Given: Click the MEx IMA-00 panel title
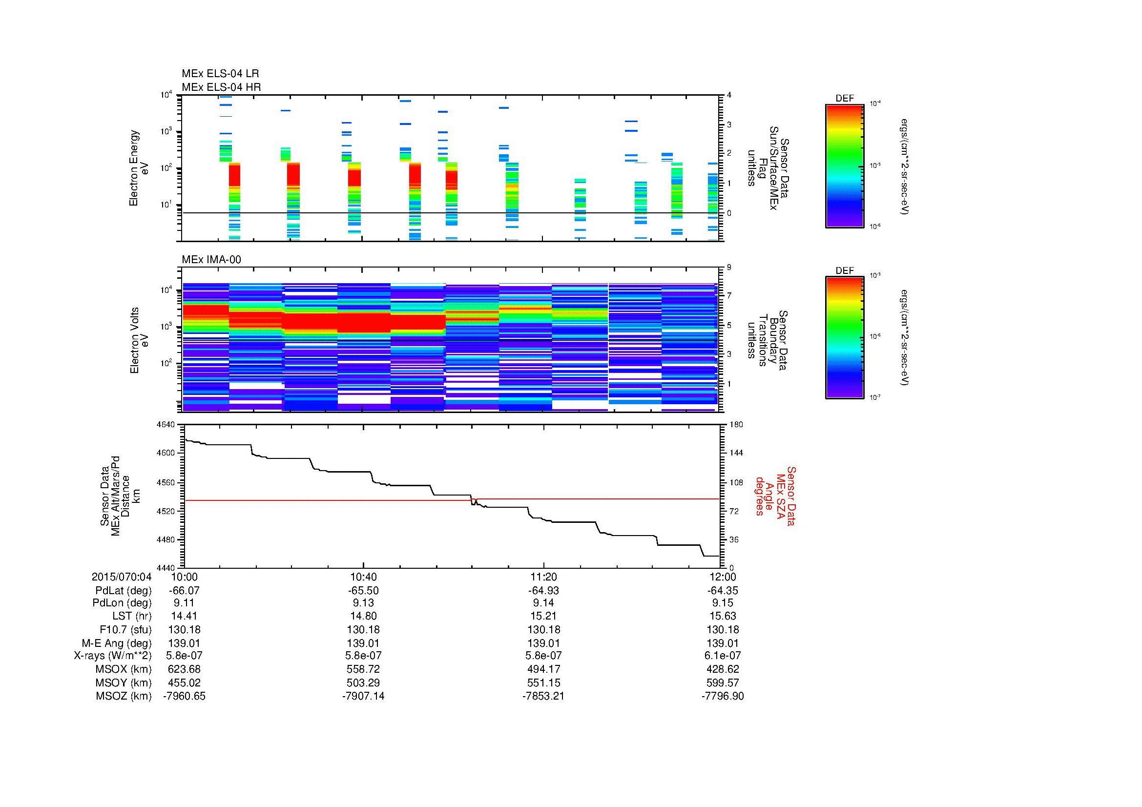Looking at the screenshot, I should coord(211,260).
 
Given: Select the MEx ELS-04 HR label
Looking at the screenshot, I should coord(221,87).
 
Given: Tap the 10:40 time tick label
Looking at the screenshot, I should coord(364,577).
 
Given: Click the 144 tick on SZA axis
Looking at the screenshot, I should coord(736,453).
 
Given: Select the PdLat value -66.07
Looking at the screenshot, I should coord(185,591).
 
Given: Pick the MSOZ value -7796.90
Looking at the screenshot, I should coord(723,696).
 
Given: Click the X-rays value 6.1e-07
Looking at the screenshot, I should coord(723,656).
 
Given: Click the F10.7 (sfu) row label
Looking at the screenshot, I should coord(125,629).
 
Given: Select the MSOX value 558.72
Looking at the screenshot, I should coord(364,669).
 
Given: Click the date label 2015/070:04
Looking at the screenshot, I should coord(122,577).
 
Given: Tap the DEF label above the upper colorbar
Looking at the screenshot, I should coord(845,99).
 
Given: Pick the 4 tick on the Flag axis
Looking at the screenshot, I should coord(729,95).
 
